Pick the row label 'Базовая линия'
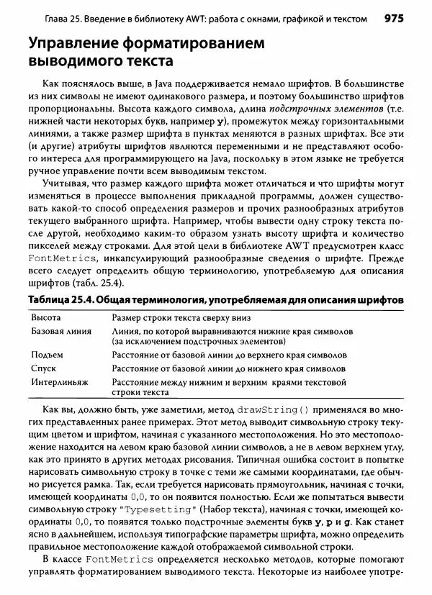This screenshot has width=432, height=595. point(62,331)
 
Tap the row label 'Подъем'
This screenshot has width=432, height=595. point(48,355)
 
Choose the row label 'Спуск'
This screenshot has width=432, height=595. point(44,368)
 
